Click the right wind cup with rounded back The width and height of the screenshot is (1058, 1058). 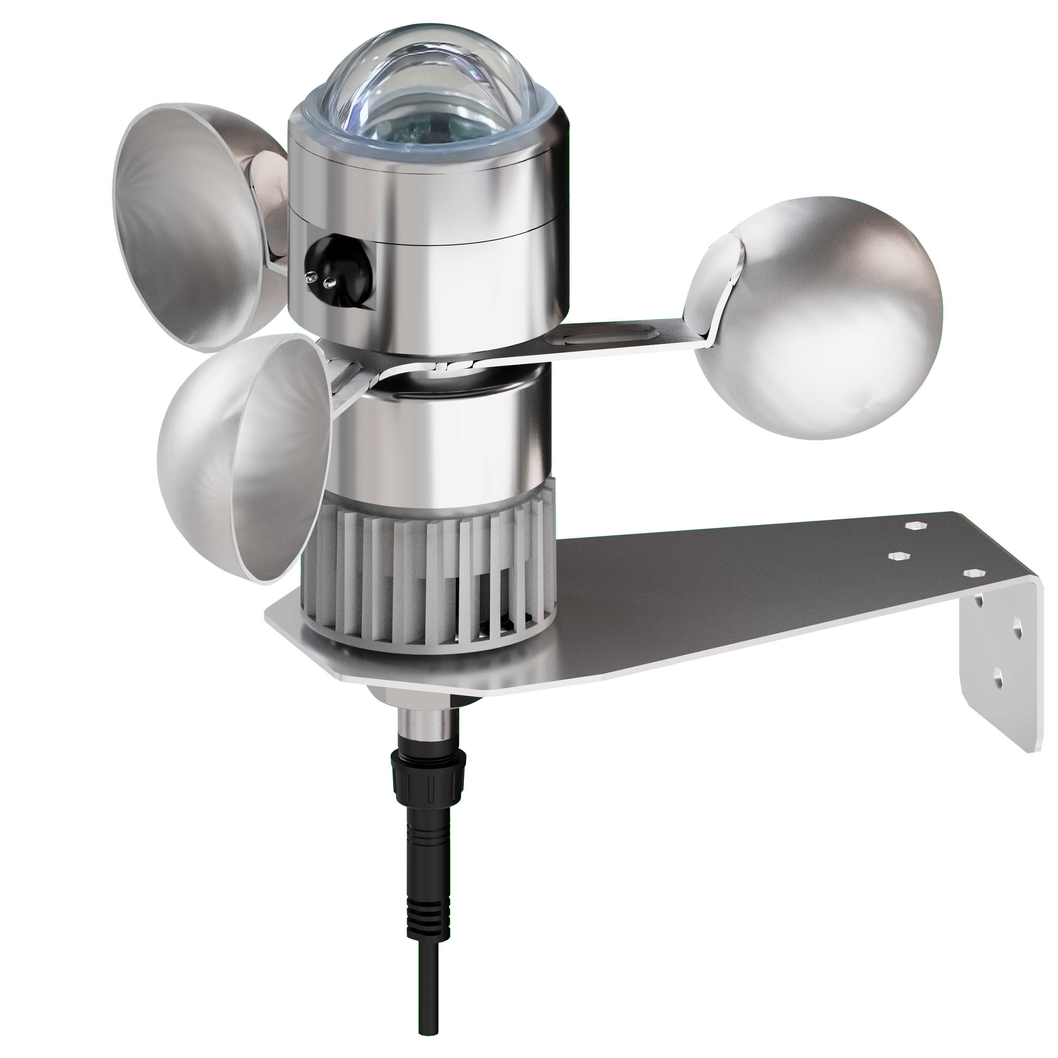(x=821, y=318)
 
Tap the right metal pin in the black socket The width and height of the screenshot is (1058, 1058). (x=329, y=282)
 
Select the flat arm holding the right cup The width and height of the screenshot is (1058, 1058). (x=602, y=342)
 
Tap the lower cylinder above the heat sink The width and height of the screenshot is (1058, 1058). (x=438, y=438)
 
